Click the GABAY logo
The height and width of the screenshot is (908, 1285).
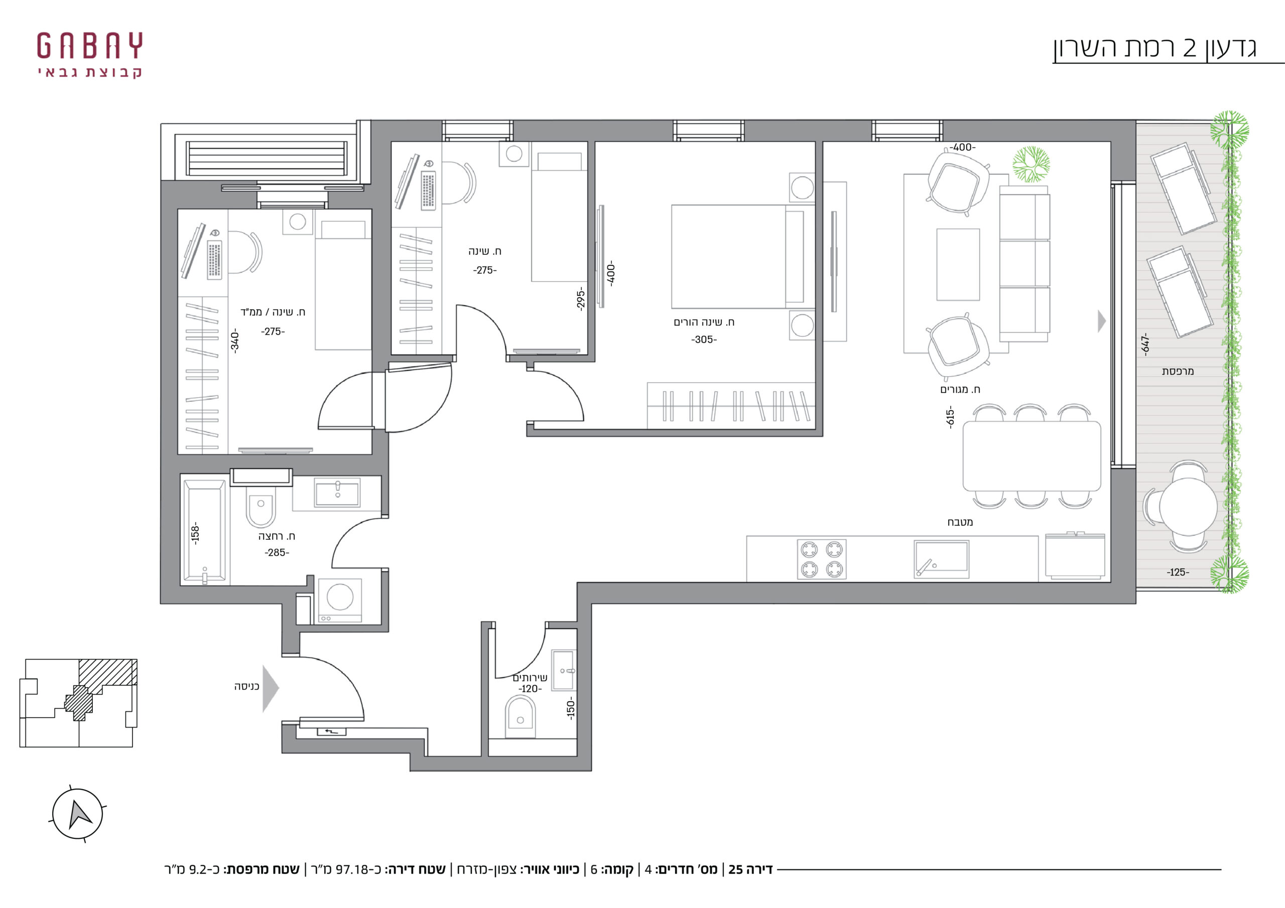click(89, 55)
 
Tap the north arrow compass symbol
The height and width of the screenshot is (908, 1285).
click(78, 814)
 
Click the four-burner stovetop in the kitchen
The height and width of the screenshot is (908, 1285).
click(822, 559)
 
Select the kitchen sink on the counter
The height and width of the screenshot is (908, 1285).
click(941, 559)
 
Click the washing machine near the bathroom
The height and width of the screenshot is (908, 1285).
click(340, 600)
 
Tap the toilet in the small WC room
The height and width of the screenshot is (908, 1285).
click(521, 717)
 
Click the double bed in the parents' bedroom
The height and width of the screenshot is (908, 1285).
click(738, 257)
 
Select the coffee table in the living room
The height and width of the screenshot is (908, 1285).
click(958, 264)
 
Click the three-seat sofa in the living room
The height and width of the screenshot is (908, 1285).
click(1024, 263)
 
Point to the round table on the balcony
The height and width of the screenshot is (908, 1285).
click(1188, 507)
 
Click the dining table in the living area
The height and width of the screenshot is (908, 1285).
click(1032, 457)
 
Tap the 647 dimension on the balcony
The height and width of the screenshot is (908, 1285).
click(1145, 344)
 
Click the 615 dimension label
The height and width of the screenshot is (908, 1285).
click(950, 418)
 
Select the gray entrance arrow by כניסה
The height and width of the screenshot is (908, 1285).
click(271, 689)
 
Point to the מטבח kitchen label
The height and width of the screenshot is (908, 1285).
click(960, 522)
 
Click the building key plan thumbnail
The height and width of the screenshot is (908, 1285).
click(78, 703)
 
